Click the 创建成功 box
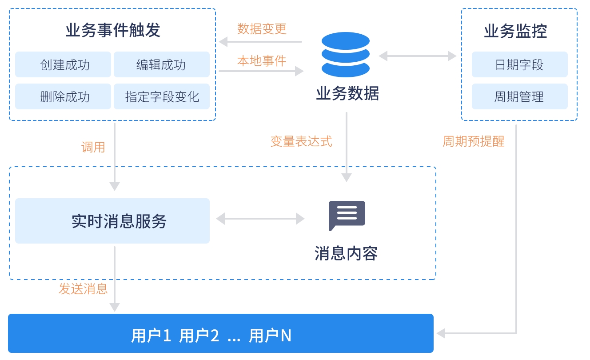[x=63, y=65]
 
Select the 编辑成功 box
[x=162, y=65]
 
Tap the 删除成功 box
[x=63, y=96]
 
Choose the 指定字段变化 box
[x=162, y=96]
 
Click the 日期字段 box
[x=519, y=65]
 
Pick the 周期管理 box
[x=519, y=96]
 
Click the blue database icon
[x=346, y=55]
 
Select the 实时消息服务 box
[x=112, y=221]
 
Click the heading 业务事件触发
[x=113, y=31]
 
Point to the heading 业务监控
[x=515, y=31]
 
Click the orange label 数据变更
[x=262, y=29]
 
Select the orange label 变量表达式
[x=301, y=141]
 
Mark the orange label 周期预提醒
[x=473, y=141]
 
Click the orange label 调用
[x=93, y=147]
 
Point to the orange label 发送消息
[x=83, y=289]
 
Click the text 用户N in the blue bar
[x=270, y=336]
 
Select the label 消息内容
[x=346, y=253]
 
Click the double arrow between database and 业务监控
[x=418, y=56]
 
